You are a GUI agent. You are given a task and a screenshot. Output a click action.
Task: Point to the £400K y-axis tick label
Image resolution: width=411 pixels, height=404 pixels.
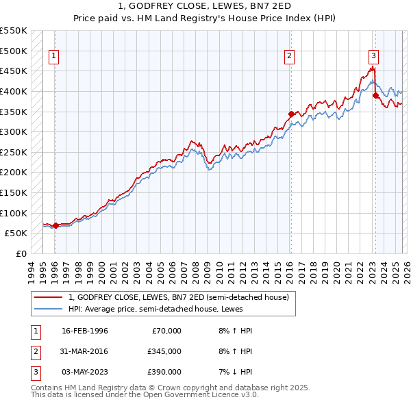point(13,91)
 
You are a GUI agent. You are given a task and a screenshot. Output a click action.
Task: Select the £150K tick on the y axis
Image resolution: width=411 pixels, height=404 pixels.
point(13,192)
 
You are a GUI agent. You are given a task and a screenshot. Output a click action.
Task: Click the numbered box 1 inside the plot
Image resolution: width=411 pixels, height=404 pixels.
point(53,57)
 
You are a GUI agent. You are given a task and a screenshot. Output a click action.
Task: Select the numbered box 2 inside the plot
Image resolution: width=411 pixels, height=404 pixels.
point(290,57)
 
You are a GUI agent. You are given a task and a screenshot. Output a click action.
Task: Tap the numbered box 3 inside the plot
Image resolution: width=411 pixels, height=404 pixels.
point(373,57)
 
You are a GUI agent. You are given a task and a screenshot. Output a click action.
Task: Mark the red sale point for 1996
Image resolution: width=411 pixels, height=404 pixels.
point(55,225)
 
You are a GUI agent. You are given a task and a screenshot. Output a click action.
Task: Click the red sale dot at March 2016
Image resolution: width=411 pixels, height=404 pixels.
point(291,114)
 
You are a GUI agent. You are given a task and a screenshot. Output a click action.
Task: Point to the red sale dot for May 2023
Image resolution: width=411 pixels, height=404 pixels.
point(375,95)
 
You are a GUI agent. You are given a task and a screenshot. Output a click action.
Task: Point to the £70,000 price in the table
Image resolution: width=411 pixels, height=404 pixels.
point(166,331)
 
